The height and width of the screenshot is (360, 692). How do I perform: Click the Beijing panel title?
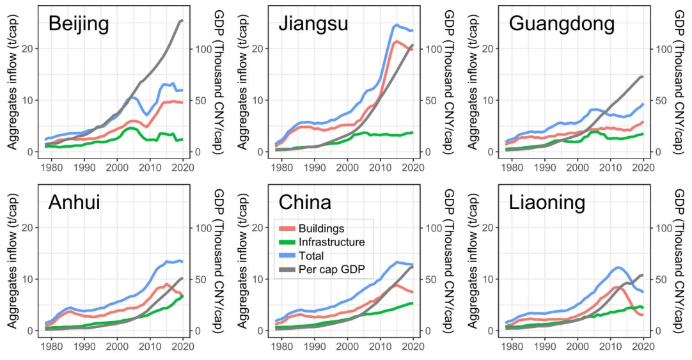79,24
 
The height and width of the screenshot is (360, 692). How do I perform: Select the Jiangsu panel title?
313,24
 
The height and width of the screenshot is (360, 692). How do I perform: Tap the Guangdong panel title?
562,24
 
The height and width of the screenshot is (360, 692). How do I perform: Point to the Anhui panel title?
74,203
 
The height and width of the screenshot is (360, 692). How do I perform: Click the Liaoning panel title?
547,203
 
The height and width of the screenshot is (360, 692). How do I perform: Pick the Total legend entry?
311,256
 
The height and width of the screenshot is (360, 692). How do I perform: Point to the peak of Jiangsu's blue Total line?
397,25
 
